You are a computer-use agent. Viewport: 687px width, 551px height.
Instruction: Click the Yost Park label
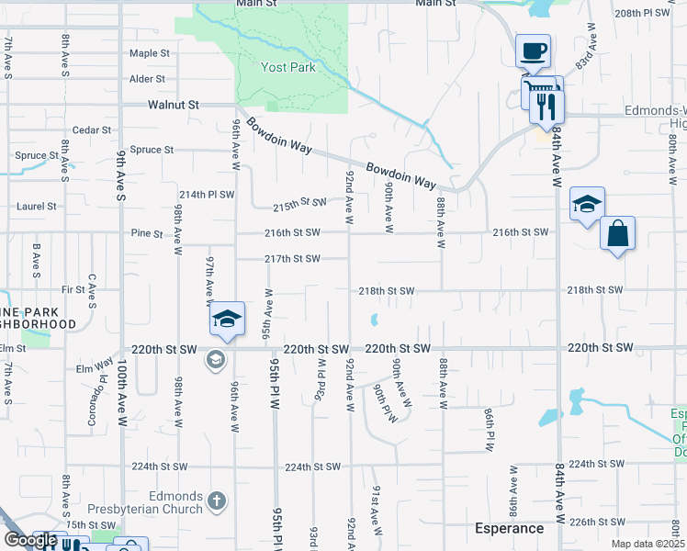pos(288,67)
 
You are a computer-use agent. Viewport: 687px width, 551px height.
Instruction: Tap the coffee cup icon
pos(532,51)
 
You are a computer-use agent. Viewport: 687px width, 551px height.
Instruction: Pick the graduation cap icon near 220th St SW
pos(227,319)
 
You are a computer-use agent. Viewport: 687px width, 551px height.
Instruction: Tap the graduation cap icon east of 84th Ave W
pos(587,205)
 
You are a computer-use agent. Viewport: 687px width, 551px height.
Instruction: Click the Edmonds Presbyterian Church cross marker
pos(216,500)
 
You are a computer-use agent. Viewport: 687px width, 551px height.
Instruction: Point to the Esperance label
pos(509,528)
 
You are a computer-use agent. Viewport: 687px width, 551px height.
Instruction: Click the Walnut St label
pos(174,106)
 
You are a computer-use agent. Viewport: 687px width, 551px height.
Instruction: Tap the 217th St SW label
pos(292,259)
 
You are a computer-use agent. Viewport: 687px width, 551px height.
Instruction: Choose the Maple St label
pos(150,53)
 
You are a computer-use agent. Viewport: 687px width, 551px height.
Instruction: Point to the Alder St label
pos(147,79)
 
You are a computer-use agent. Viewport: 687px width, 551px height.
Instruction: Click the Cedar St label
pos(92,130)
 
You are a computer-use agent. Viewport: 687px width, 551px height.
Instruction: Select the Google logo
pos(30,540)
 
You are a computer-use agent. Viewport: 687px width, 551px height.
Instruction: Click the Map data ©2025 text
pos(648,545)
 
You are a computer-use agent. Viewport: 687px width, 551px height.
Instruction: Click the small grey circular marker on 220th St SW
pos(216,359)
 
